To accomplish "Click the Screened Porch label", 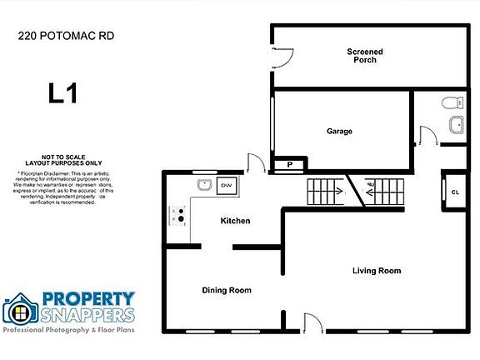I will [x=365, y=56].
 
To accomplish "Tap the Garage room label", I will [x=339, y=131].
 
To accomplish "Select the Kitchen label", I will [x=235, y=221].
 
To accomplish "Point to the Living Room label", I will [x=377, y=271].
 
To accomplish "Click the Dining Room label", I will [x=227, y=290].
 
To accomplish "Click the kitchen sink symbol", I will [x=202, y=184].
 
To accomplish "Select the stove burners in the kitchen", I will [x=177, y=217].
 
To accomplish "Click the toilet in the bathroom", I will [x=452, y=103].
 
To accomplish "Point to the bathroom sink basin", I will [x=456, y=126].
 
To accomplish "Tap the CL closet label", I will [x=455, y=192].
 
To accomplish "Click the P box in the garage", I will [x=290, y=165].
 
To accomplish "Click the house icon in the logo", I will [x=20, y=310].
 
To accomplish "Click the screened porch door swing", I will [x=283, y=57].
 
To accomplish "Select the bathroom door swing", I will [x=427, y=136].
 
